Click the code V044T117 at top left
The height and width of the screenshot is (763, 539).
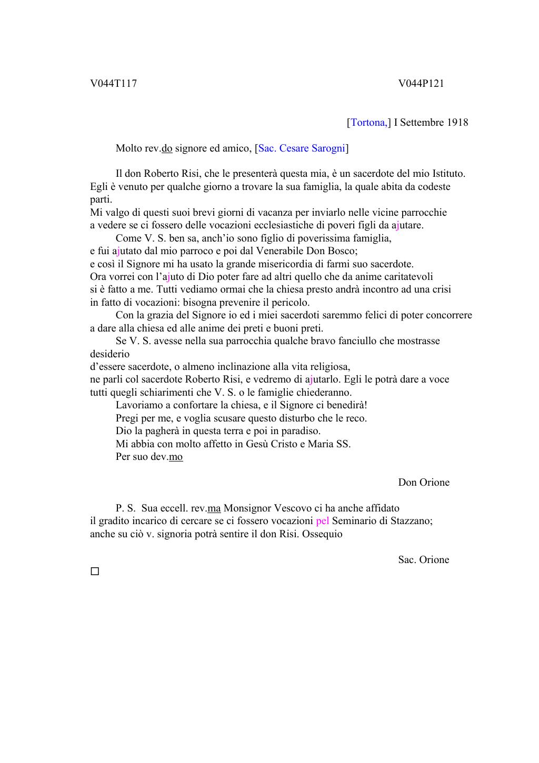(113, 84)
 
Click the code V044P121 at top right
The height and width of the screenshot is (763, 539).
(421, 84)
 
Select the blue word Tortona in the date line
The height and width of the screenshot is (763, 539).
(368, 123)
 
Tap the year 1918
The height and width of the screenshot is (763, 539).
(457, 123)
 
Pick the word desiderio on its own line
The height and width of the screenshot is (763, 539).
(109, 354)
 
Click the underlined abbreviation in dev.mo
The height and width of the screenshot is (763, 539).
(176, 457)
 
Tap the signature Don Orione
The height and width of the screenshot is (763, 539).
(424, 483)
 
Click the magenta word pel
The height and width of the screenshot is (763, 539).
(322, 521)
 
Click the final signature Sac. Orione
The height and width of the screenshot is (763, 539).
(424, 560)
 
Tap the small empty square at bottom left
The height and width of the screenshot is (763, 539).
(95, 571)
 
